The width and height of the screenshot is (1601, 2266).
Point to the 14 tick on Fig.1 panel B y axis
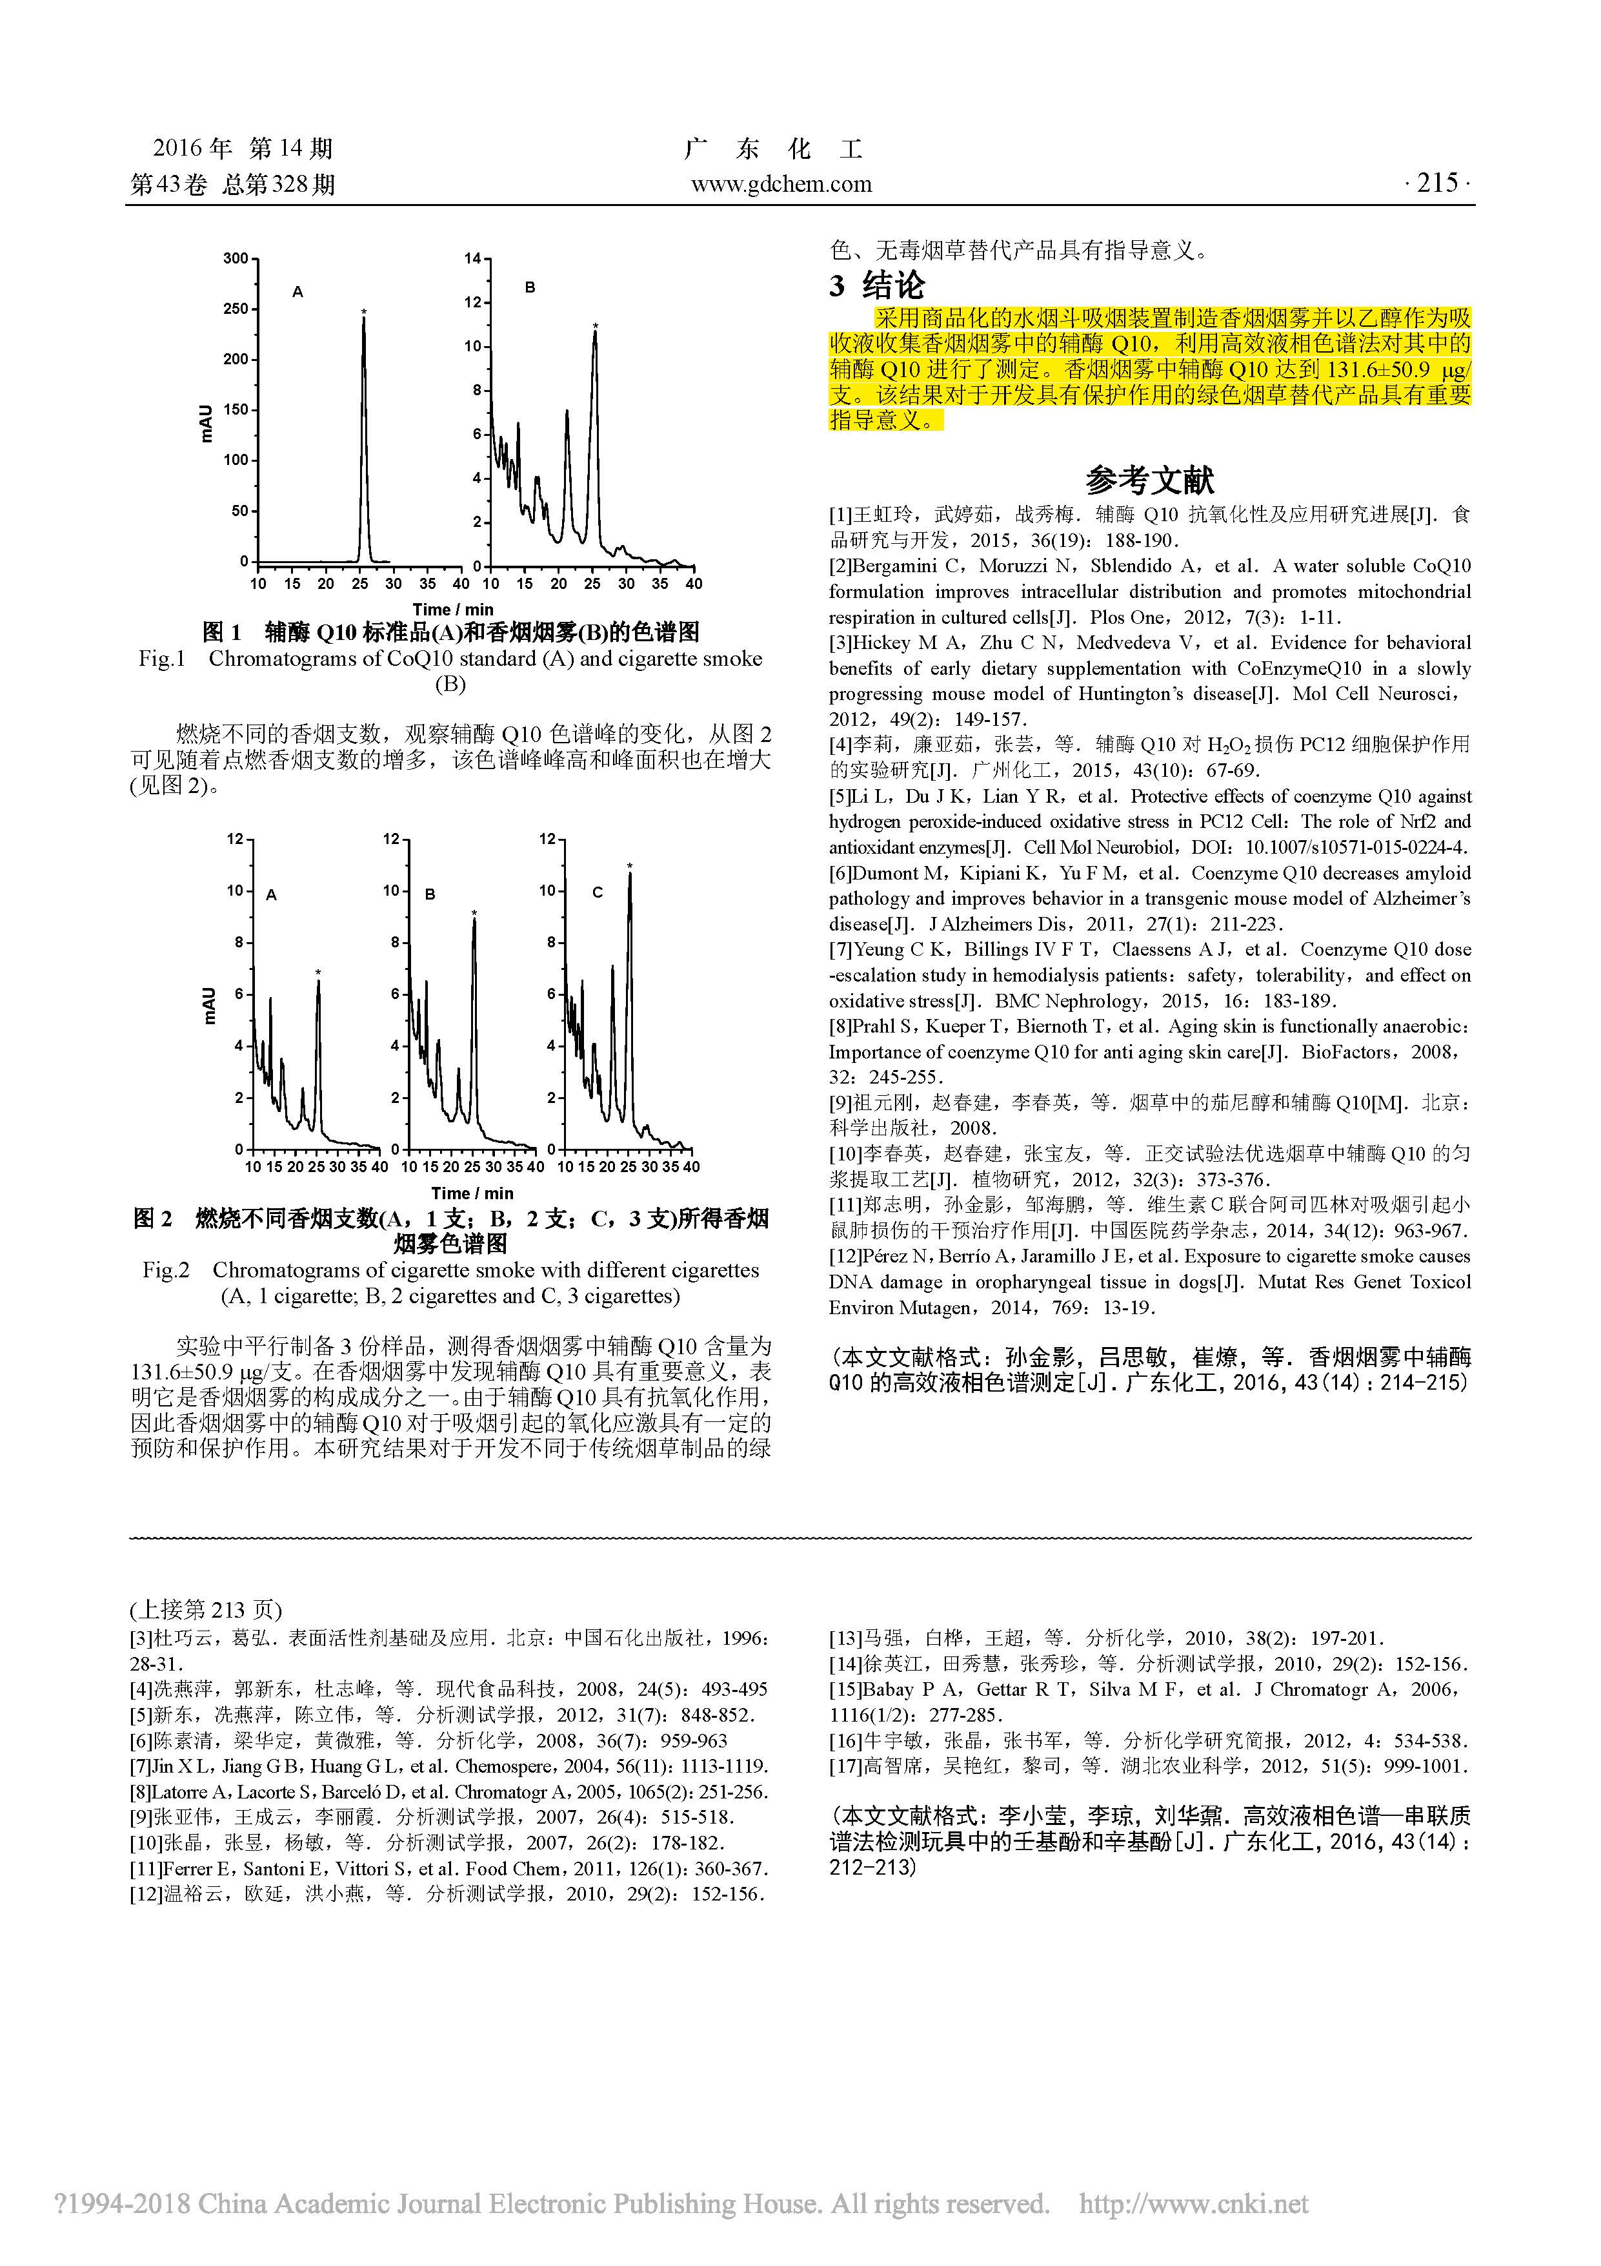472,258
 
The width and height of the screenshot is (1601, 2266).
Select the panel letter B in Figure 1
530,288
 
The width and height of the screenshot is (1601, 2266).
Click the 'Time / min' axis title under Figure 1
453,609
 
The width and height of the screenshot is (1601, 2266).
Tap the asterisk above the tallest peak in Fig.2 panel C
630,867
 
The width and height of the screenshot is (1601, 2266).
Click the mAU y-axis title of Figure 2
209,1005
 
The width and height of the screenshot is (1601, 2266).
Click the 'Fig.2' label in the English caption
166,1270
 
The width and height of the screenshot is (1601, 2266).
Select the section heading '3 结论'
877,286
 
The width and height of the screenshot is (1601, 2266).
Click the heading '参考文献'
1149,480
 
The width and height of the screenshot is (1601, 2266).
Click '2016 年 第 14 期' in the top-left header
243,149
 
